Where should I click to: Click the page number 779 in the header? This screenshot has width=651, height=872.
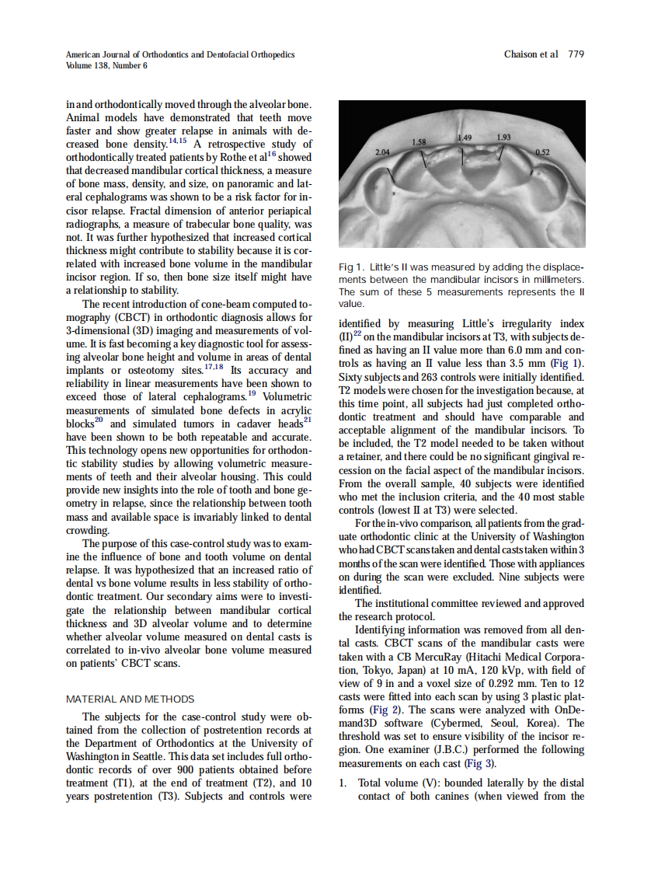point(576,54)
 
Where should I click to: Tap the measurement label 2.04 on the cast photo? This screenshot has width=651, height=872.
point(383,152)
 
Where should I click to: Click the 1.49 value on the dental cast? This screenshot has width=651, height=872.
point(465,138)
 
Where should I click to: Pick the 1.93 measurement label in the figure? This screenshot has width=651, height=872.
point(503,138)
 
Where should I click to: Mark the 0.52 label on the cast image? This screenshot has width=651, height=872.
point(542,152)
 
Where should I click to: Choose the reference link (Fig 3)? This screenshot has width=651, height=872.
point(479,763)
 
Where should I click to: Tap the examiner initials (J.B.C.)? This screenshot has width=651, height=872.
point(444,749)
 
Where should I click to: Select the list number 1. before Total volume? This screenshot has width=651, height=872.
point(343,783)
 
